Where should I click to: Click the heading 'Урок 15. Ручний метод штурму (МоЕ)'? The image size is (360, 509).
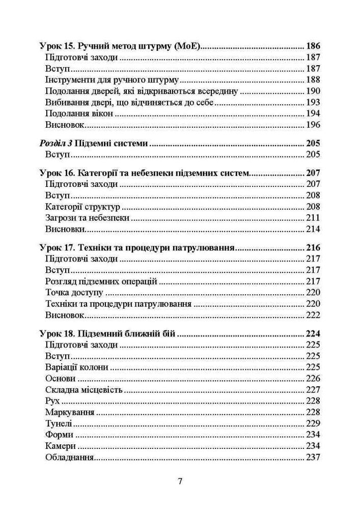[121, 46]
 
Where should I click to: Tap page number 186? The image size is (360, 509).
[312, 46]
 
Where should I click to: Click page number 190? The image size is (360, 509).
[312, 91]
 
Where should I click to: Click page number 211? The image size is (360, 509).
[312, 218]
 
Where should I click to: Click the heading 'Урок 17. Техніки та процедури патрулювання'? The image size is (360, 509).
[136, 248]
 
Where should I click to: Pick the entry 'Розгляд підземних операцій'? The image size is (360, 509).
[101, 281]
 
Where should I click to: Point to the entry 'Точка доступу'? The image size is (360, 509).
[74, 293]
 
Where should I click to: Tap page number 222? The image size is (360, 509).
[312, 315]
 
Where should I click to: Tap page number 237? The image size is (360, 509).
[312, 457]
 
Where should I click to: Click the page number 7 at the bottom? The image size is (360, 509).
[179, 482]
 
